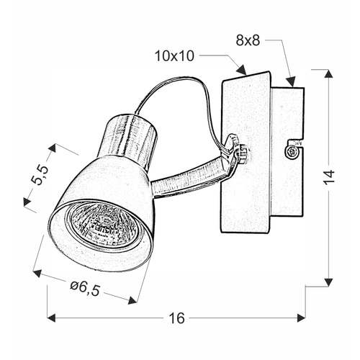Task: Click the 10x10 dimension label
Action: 174,56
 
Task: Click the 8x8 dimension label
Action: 248,40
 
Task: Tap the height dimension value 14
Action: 329,177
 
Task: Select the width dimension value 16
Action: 177,318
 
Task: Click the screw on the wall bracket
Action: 292,152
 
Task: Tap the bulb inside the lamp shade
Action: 104,224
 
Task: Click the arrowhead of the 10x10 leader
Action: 242,70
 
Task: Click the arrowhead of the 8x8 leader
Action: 291,81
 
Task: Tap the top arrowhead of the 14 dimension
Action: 328,73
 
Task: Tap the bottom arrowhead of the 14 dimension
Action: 328,282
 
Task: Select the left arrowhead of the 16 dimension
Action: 52,318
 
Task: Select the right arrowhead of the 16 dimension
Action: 301,318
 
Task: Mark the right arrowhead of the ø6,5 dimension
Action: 132,300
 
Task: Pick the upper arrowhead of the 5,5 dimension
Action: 52,148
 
